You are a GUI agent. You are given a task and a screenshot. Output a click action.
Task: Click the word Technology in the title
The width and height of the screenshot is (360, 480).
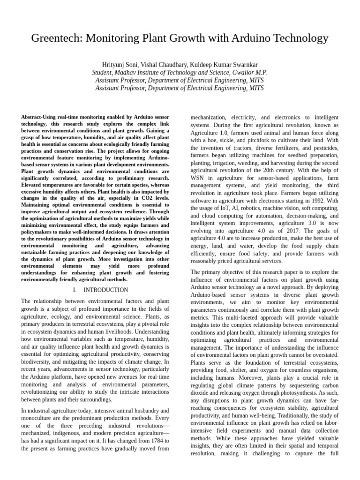click(298, 38)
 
